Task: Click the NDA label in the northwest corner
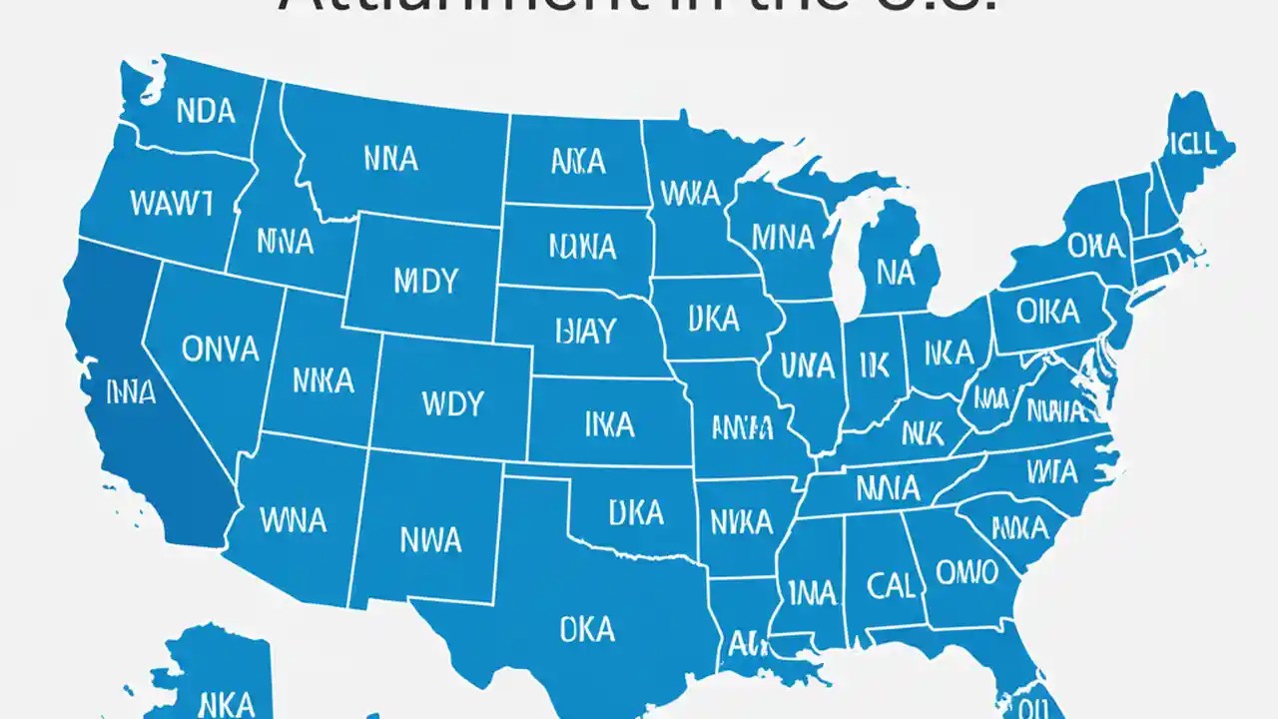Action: pos(206,111)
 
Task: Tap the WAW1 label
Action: pos(171,203)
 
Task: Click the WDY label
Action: pos(452,403)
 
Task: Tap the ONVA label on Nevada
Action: pos(221,348)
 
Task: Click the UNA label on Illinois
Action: pos(807,365)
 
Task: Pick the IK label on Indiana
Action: pos(873,366)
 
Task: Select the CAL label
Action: pos(891,584)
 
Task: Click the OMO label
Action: pos(965,572)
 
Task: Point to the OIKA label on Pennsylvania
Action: pos(1048,313)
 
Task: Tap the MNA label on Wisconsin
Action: pos(782,237)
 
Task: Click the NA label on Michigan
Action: pos(896,272)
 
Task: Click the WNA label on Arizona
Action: pos(292,519)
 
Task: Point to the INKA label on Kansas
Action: pos(608,424)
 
